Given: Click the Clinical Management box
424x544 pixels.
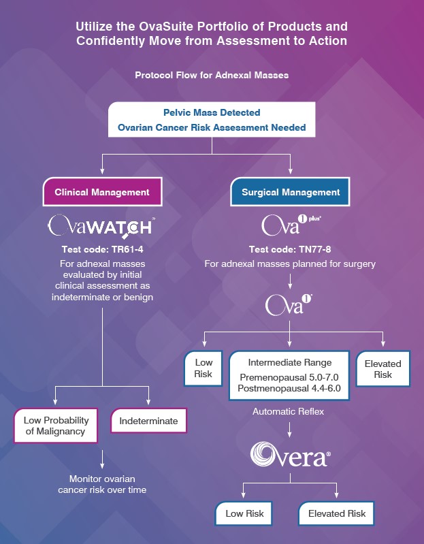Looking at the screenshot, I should pyautogui.click(x=102, y=192).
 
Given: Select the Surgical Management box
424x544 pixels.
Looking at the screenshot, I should pyautogui.click(x=290, y=192).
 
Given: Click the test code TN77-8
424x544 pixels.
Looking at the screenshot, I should pyautogui.click(x=290, y=249).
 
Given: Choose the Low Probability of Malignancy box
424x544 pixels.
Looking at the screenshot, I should pyautogui.click(x=56, y=426).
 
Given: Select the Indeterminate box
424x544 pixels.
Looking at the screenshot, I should pyautogui.click(x=148, y=421).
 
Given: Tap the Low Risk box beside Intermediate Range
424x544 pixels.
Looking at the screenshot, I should pyautogui.click(x=203, y=368).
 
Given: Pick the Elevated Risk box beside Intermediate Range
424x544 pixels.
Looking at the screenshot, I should pyautogui.click(x=382, y=368).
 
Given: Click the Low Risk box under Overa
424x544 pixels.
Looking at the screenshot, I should pyautogui.click(x=244, y=513).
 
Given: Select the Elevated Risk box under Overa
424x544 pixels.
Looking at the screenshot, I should pyautogui.click(x=337, y=513).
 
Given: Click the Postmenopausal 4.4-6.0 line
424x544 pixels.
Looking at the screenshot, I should pyautogui.click(x=289, y=388).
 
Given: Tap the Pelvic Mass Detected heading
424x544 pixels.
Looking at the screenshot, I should pyautogui.click(x=212, y=112).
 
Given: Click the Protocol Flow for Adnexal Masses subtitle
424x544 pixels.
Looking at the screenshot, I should pyautogui.click(x=212, y=75).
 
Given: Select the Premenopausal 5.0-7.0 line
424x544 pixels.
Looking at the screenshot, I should pyautogui.click(x=289, y=377).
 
